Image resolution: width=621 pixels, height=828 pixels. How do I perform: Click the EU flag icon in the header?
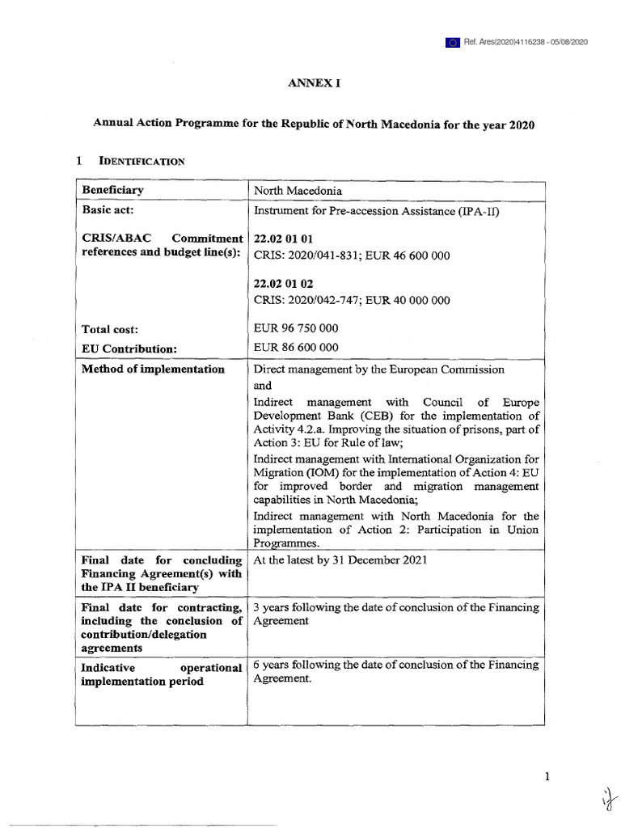(452, 42)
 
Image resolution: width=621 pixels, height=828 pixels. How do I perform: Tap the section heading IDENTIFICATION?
(142, 161)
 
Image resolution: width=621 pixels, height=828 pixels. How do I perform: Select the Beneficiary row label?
(112, 190)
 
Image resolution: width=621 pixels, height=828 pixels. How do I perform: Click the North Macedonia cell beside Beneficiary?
(298, 191)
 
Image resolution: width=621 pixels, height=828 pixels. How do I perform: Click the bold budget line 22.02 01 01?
(283, 239)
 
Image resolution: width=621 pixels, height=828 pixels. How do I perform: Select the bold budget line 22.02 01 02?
(283, 284)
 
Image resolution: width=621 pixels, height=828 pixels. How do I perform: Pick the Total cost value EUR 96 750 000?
(296, 328)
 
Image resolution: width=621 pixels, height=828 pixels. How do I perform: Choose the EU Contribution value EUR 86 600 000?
(296, 348)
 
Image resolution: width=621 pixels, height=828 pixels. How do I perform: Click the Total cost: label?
(110, 330)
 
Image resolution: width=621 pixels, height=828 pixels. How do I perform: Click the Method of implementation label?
(153, 370)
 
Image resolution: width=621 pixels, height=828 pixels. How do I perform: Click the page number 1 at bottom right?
(547, 778)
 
